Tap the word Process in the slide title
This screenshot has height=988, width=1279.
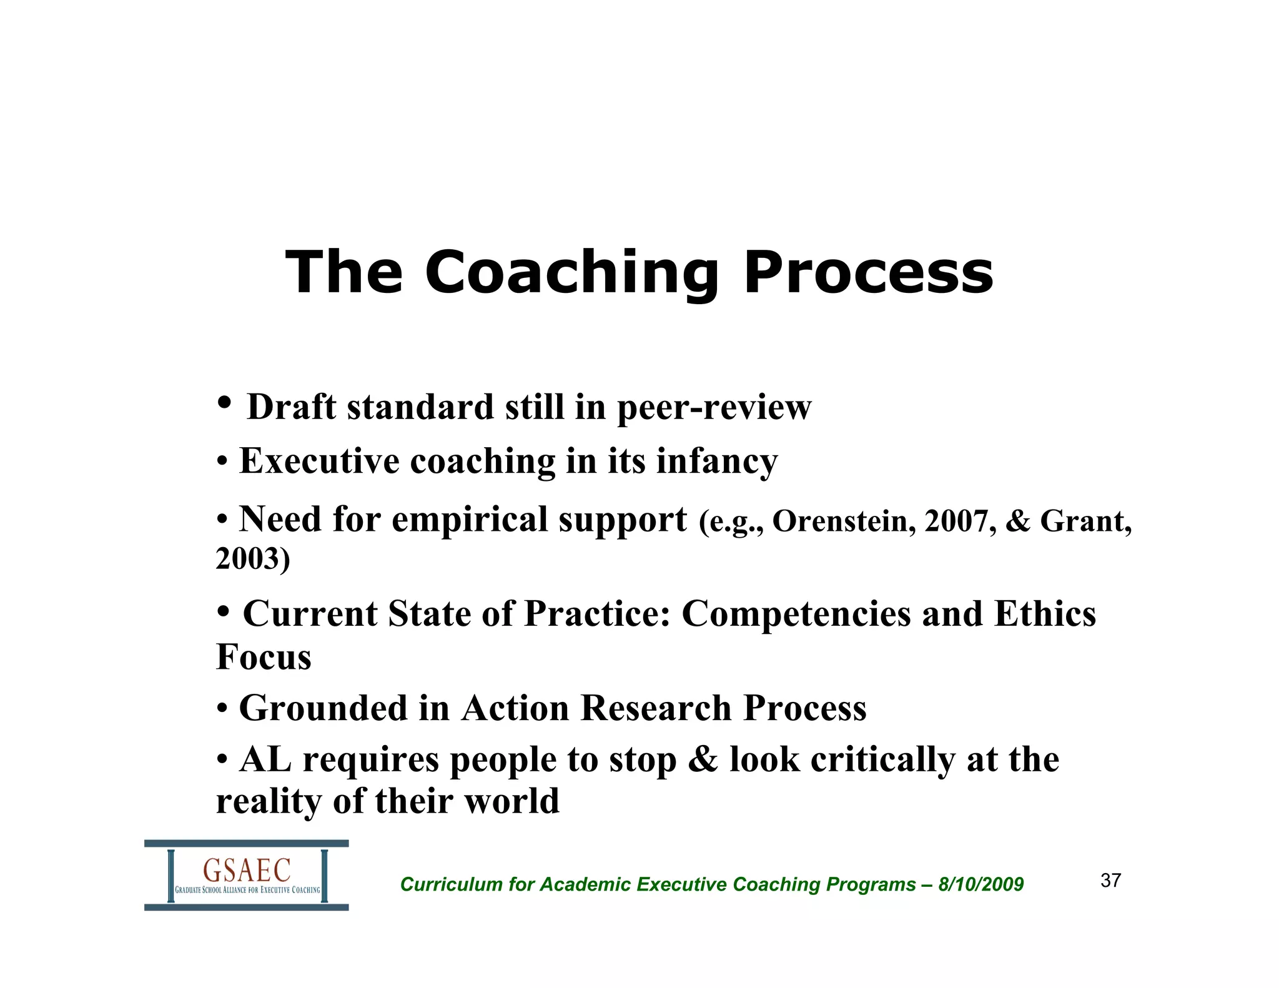coord(868,273)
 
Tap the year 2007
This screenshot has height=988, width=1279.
coord(959,521)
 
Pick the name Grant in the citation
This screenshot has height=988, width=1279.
coord(1084,521)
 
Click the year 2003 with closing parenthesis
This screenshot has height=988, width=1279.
coord(253,558)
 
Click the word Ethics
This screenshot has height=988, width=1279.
coord(1045,614)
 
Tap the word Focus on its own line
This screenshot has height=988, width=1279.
coord(264,657)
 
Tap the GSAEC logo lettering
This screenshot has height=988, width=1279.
coord(247,870)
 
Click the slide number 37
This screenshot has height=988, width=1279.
coord(1110,881)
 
